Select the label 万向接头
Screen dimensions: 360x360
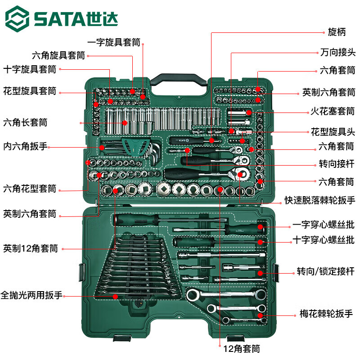click(x=337, y=53)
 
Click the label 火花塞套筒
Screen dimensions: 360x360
click(x=333, y=110)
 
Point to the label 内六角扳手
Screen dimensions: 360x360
click(x=26, y=146)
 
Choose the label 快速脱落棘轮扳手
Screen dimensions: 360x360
click(x=319, y=200)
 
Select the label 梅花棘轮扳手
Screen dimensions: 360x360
click(x=326, y=314)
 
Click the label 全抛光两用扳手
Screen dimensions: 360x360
click(x=31, y=296)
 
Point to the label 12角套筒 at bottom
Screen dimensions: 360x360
click(x=242, y=348)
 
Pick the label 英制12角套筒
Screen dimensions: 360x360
click(x=31, y=248)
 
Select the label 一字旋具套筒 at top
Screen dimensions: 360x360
click(x=114, y=42)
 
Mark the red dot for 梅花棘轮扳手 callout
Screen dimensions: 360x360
click(x=261, y=315)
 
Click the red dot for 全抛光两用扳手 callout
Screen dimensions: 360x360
click(x=115, y=297)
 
